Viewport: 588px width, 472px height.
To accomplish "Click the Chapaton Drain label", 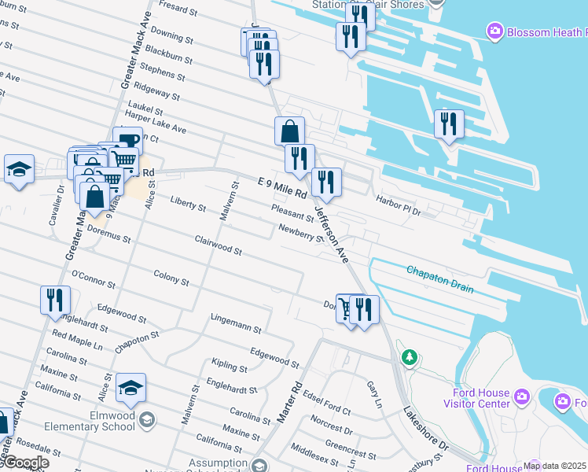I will (439, 279).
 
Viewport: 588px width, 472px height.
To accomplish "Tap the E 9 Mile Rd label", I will (281, 193).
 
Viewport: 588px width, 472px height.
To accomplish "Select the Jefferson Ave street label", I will (331, 234).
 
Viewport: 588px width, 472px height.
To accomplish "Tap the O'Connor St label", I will (94, 279).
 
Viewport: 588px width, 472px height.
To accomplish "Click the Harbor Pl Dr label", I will (399, 206).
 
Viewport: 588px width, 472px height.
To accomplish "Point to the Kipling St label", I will (230, 366).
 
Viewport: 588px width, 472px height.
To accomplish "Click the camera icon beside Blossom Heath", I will (495, 31).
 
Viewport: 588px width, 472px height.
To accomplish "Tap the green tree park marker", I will (409, 358).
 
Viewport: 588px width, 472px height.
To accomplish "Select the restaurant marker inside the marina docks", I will (449, 124).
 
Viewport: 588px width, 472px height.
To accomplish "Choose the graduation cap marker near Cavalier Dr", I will (19, 168).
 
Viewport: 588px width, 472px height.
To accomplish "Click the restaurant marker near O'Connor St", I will (55, 300).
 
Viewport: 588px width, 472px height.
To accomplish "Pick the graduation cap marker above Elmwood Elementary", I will (130, 387).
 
